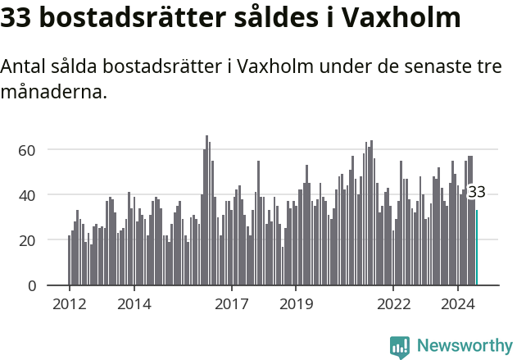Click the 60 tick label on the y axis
pos(27,150)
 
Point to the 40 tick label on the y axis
pos(27,195)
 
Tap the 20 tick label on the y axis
pos(27,240)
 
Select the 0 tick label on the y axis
pos(32,285)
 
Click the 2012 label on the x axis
pos(69,304)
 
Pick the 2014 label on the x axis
pos(134,304)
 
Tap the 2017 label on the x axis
pos(231,304)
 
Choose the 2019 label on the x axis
pos(296,304)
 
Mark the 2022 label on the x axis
pos(393,304)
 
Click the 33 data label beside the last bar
pos(477,193)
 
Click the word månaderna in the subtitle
pos(54,92)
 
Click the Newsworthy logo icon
pos(400,347)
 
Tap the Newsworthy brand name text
pos(464,346)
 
